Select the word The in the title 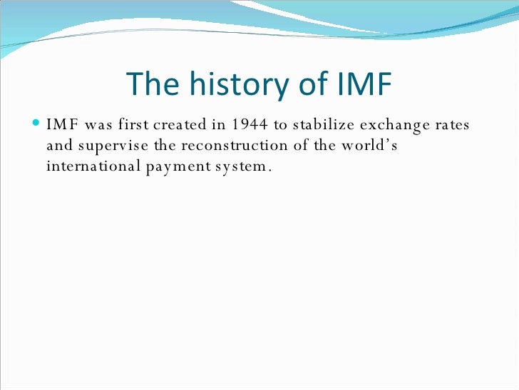[x=152, y=86]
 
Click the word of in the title [x=304, y=86]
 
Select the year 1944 [x=250, y=126]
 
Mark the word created [x=185, y=126]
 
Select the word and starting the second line [x=59, y=146]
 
